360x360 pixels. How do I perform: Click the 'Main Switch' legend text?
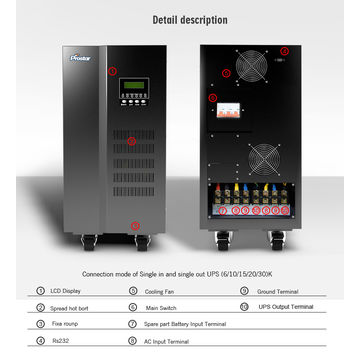click(x=160, y=306)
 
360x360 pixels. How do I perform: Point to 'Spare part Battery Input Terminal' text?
click(x=186, y=323)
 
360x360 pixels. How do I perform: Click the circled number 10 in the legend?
click(x=243, y=306)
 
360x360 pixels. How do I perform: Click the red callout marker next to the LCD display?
click(x=113, y=72)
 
